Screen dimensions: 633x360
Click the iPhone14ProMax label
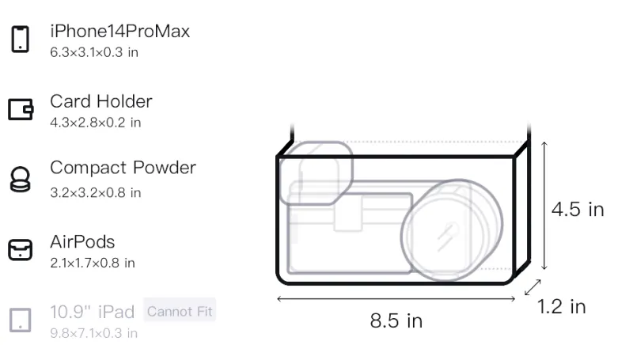(x=120, y=31)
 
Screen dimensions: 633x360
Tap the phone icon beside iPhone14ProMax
(x=21, y=39)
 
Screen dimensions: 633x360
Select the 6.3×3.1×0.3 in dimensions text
(x=94, y=52)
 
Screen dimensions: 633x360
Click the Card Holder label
(x=101, y=101)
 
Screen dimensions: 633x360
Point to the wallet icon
(x=21, y=109)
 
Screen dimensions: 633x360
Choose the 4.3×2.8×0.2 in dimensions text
(x=95, y=123)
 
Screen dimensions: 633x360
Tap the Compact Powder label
(x=123, y=168)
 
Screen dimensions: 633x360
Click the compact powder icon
(x=20, y=179)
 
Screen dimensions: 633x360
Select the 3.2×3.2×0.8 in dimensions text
(x=95, y=192)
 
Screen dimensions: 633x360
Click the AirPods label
(x=82, y=242)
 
